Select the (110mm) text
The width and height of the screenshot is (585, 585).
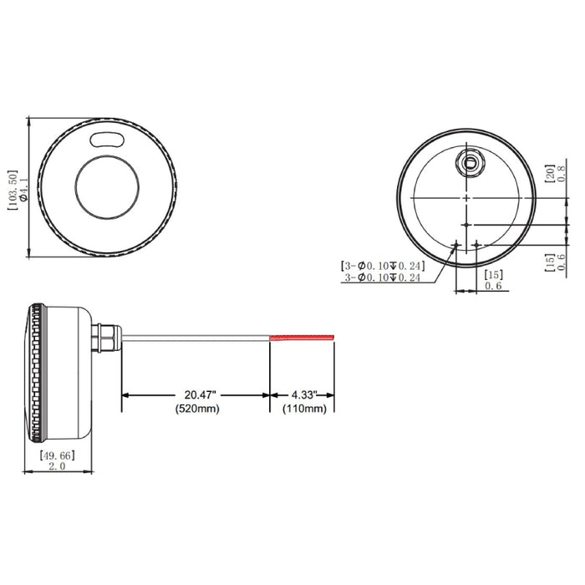click(x=303, y=409)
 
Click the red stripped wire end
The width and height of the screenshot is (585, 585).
click(x=302, y=338)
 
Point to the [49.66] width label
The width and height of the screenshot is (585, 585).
click(x=58, y=456)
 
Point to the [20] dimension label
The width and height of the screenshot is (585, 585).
click(x=550, y=174)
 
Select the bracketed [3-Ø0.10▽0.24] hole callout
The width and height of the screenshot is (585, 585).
click(x=384, y=266)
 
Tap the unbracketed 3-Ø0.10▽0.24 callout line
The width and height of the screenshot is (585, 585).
click(x=384, y=277)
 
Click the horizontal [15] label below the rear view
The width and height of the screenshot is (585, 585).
click(x=493, y=275)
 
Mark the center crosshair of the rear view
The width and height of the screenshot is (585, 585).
click(x=465, y=196)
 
